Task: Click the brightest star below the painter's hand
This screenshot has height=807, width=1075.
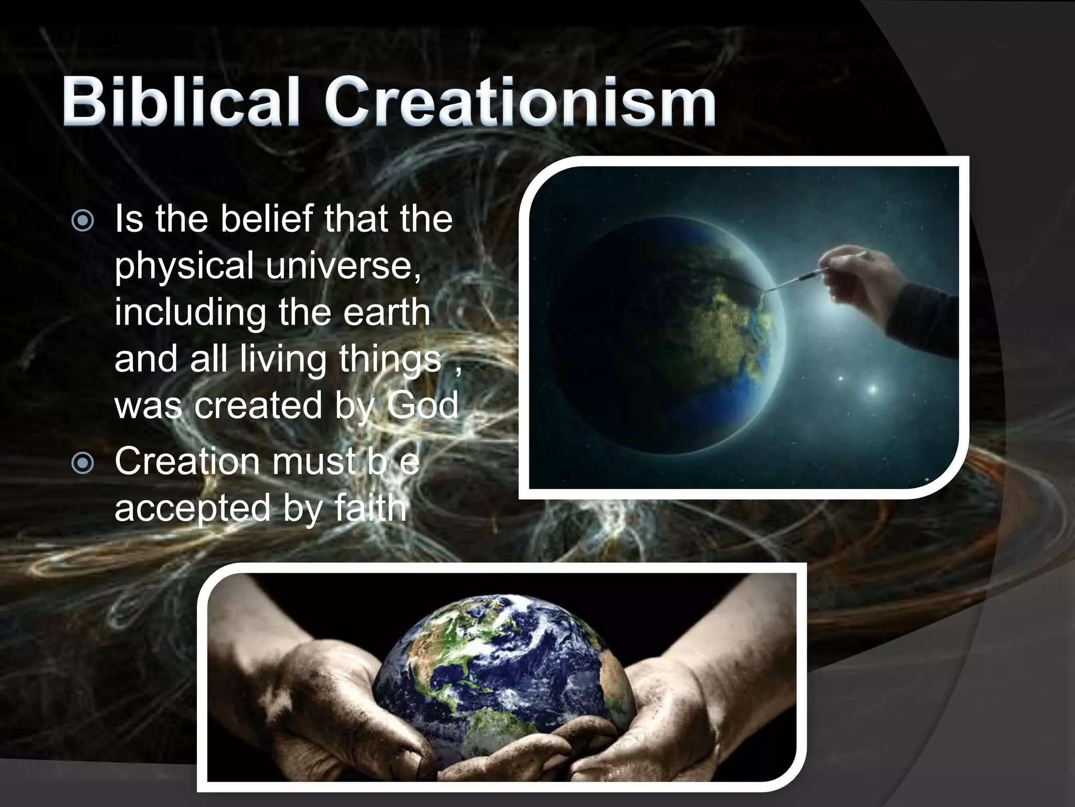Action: point(872,389)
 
